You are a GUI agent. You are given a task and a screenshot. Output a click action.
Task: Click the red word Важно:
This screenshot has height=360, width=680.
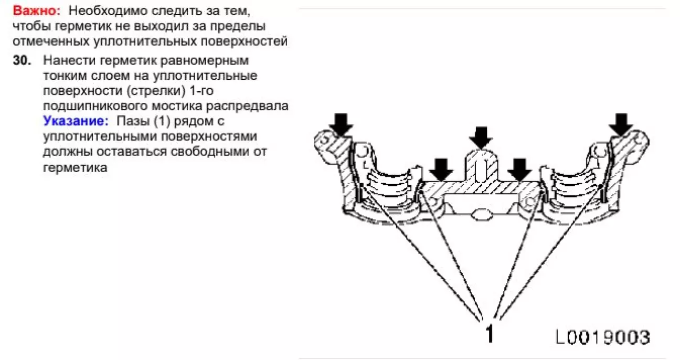[x=37, y=11]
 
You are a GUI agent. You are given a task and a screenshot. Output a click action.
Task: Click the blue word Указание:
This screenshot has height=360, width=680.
[x=76, y=121]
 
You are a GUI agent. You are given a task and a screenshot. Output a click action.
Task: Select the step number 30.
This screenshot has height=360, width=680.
[x=22, y=60]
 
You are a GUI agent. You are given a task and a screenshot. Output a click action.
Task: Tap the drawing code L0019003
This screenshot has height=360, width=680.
[x=602, y=337]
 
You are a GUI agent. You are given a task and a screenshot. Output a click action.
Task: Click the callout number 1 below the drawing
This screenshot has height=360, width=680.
[x=490, y=333]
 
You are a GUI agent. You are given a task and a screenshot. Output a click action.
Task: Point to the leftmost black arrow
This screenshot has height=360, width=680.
[x=341, y=124]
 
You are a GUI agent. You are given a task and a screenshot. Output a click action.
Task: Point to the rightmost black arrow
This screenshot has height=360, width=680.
[x=621, y=124]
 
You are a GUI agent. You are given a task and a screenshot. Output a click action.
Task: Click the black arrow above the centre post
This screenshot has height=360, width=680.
[x=481, y=138]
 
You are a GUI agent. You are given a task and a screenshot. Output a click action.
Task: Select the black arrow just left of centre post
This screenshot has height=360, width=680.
[x=441, y=170]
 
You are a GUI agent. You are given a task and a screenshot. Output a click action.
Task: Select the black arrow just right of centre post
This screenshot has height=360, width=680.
[x=519, y=170]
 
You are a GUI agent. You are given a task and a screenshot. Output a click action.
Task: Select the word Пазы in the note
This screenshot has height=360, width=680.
[x=132, y=121]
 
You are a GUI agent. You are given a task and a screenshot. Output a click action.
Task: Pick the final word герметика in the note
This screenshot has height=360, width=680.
[x=75, y=167]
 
